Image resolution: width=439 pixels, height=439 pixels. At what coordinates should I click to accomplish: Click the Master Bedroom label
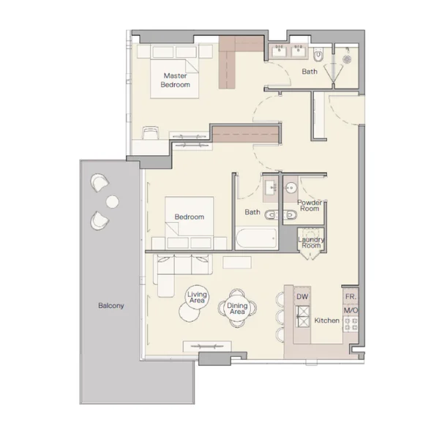tap(176, 80)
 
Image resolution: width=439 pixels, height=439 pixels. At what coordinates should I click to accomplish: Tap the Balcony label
tap(111, 305)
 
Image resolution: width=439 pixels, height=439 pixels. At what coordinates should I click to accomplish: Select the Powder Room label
tap(309, 206)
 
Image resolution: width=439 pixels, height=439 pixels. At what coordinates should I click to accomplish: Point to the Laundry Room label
tap(311, 242)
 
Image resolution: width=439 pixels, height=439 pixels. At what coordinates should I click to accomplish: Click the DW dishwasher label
tap(302, 297)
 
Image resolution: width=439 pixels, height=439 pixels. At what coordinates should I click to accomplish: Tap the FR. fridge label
tap(350, 297)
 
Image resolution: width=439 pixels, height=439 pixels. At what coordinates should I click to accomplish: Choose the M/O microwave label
tap(350, 310)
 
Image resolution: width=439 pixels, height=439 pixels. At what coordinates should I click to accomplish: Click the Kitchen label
tap(327, 320)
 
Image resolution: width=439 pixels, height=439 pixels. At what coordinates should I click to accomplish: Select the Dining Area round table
tap(237, 308)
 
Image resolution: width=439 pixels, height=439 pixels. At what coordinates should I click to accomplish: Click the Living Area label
tap(197, 297)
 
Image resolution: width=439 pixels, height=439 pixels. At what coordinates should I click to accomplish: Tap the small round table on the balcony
tap(112, 202)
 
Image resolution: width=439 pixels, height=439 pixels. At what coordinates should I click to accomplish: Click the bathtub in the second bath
tap(256, 239)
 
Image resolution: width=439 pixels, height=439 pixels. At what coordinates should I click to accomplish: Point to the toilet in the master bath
tap(318, 55)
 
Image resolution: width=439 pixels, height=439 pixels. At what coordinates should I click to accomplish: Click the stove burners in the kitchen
tap(350, 324)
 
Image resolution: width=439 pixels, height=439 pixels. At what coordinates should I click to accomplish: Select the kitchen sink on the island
tap(303, 317)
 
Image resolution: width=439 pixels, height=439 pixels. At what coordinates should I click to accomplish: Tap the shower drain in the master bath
tap(347, 59)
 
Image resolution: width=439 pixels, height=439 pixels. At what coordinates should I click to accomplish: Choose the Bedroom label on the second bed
tap(190, 217)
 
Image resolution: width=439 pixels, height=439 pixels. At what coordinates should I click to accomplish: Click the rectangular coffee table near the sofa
tap(237, 263)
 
